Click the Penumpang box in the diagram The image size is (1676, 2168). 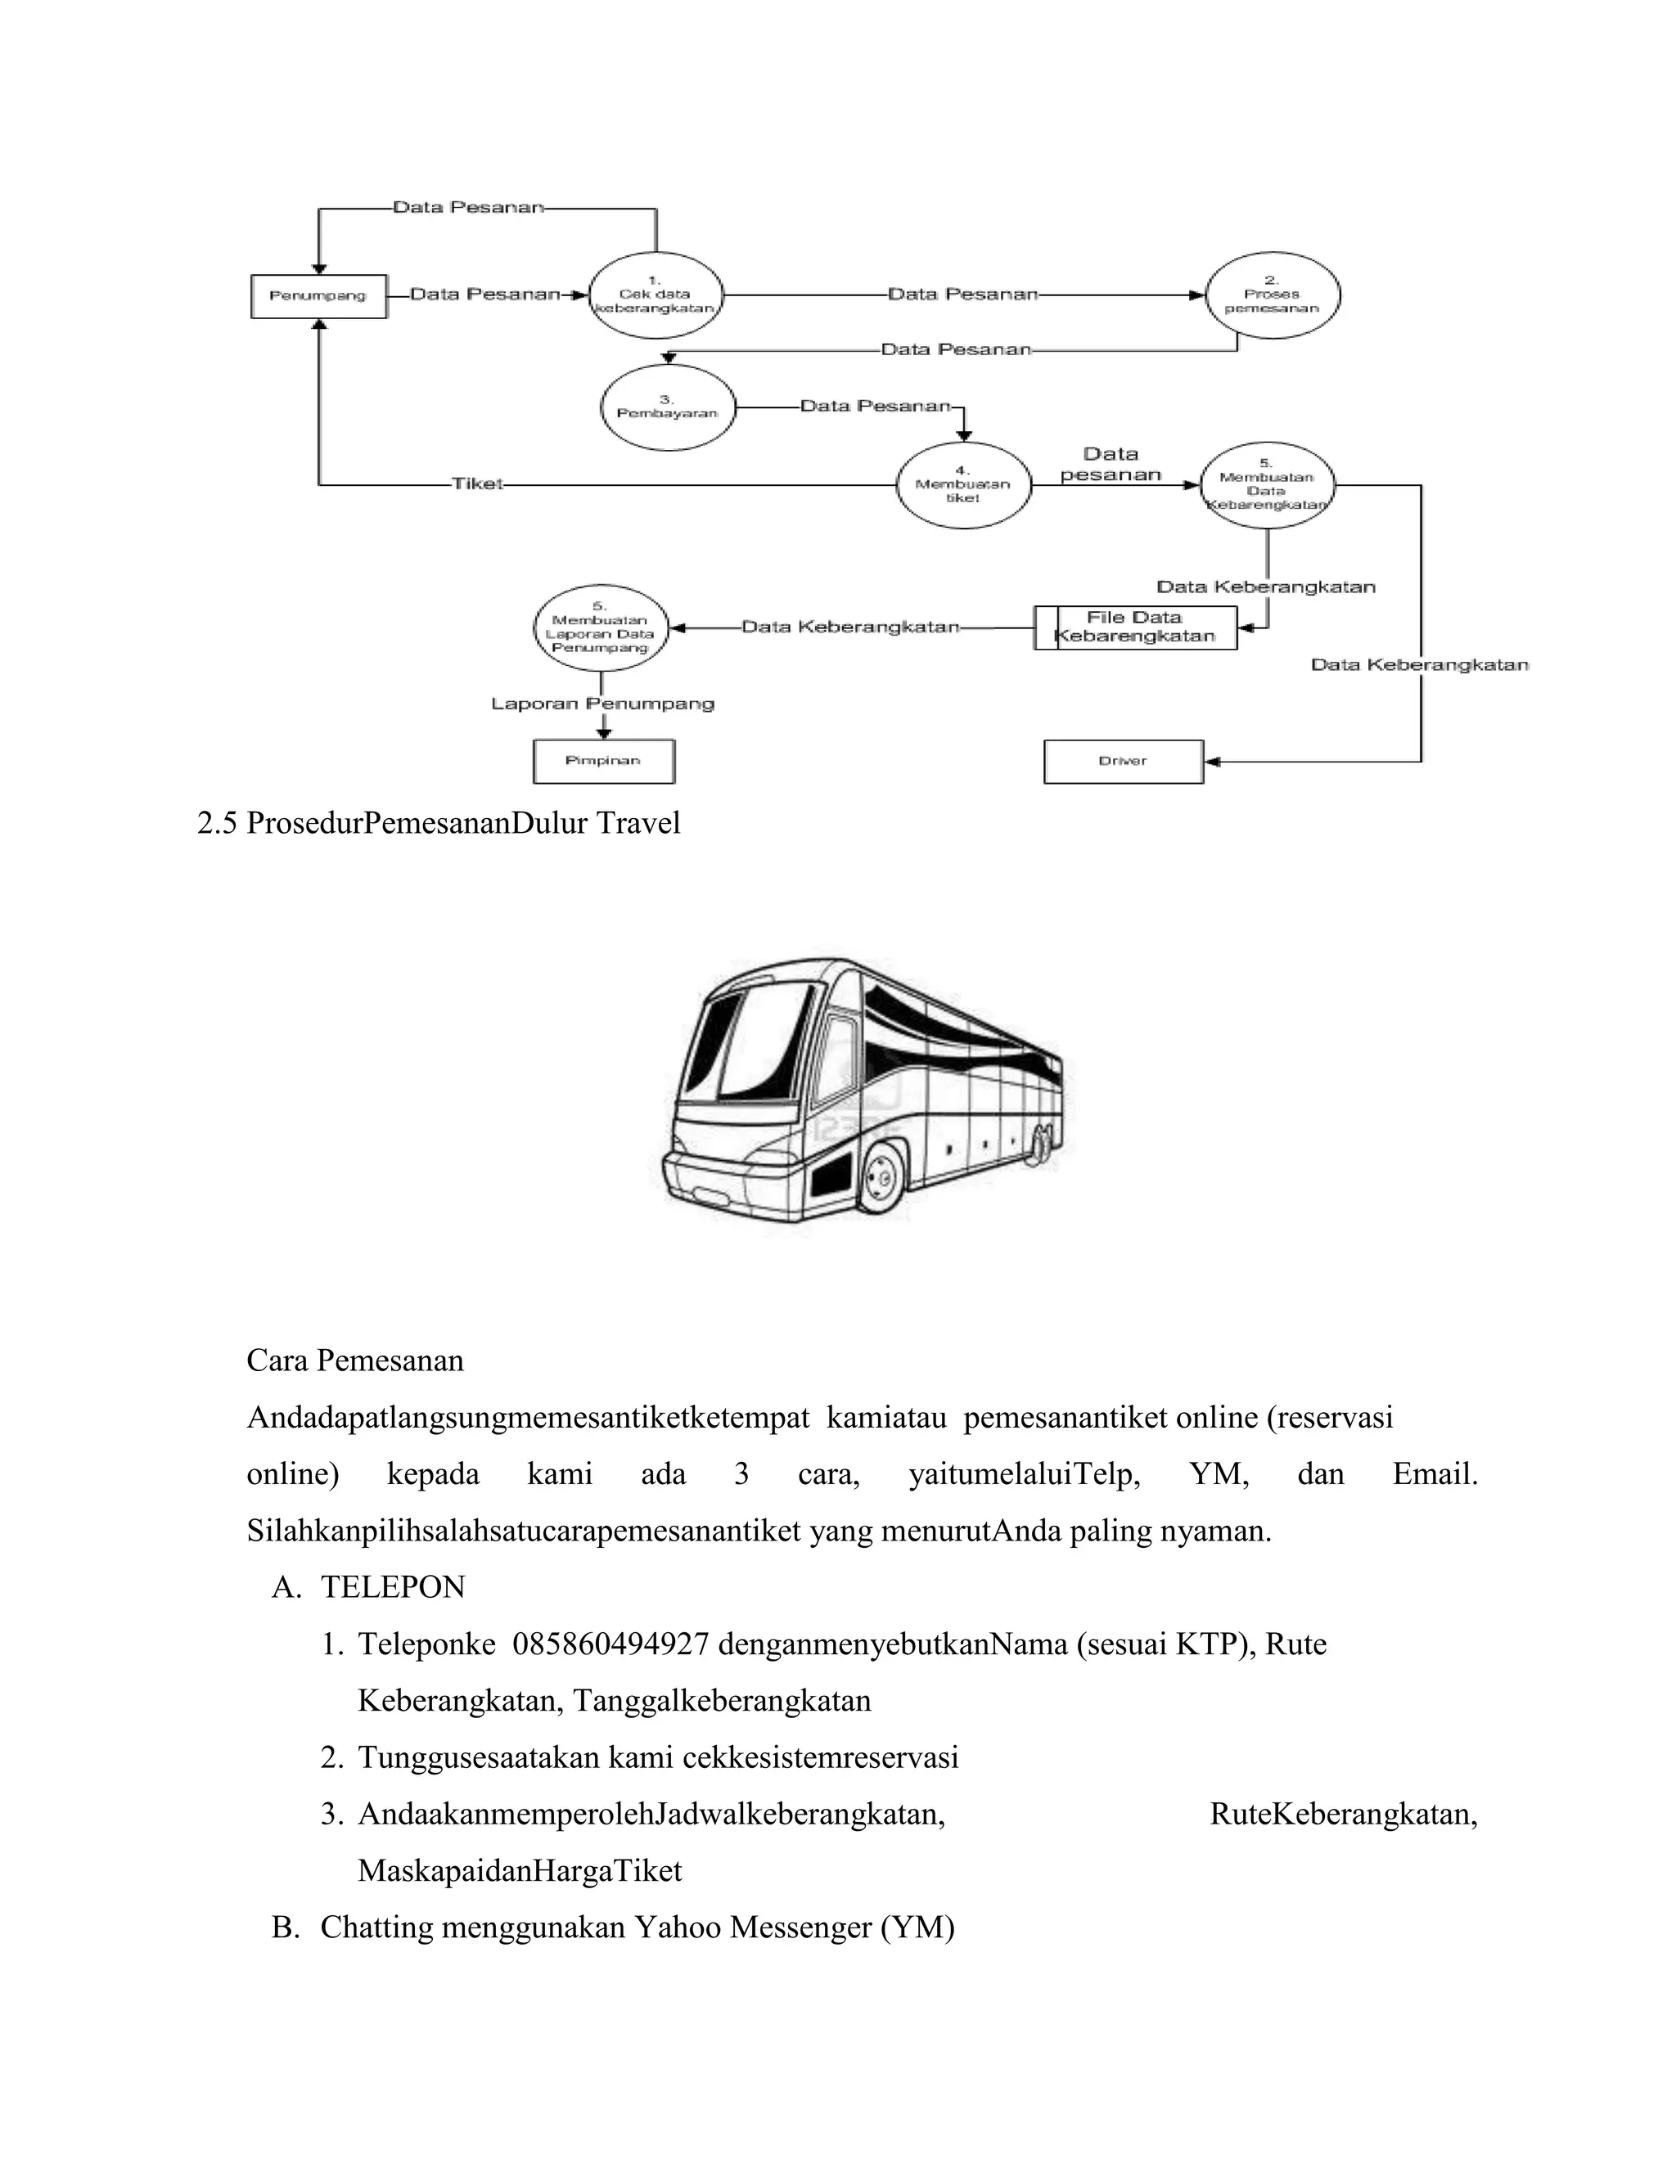(318, 296)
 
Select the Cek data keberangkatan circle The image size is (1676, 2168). (656, 295)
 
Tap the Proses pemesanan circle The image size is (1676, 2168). (1272, 295)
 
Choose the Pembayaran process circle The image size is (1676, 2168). (667, 407)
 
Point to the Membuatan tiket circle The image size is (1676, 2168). (962, 484)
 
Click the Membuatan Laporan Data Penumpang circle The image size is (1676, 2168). (600, 627)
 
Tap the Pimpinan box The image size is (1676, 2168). (604, 762)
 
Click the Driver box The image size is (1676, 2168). (1123, 762)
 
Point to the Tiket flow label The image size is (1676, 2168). (478, 484)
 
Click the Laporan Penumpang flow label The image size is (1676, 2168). (602, 704)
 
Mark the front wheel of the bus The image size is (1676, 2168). (879, 1178)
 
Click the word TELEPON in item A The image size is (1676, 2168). (392, 1587)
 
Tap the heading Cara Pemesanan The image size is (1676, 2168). (354, 1360)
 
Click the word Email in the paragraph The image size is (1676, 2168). (1435, 1474)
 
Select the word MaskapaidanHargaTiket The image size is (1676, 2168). (520, 1870)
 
